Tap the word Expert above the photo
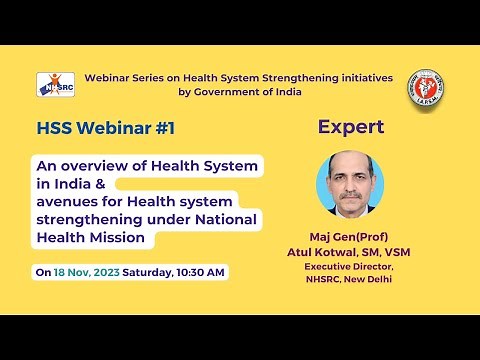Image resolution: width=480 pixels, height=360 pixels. pos(351,127)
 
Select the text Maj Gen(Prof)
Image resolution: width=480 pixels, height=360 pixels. pos(351,237)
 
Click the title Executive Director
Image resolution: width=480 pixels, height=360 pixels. pos(351,267)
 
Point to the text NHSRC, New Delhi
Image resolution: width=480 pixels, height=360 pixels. pos(351,280)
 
